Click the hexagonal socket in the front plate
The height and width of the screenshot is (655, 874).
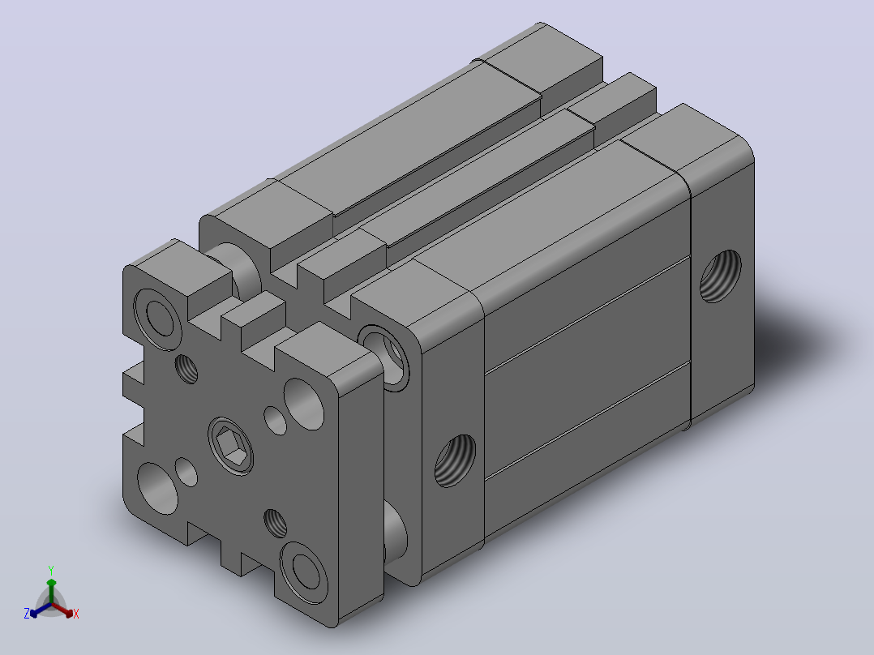point(231,445)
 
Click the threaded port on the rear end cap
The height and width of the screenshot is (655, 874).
point(720,276)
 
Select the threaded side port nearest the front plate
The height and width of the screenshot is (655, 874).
point(455,460)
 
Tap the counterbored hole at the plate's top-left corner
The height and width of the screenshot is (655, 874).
point(158,319)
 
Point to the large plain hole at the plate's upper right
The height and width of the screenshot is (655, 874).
point(304,404)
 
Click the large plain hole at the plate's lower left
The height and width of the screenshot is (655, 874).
point(158,488)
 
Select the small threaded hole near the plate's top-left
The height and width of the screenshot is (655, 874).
point(186,369)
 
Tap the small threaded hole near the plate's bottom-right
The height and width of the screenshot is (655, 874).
point(276,524)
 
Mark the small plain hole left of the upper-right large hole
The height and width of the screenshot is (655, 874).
point(276,420)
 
